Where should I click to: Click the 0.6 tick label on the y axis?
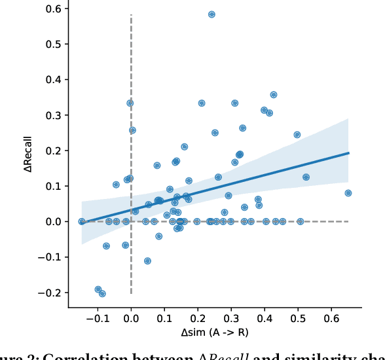(x=53, y=9)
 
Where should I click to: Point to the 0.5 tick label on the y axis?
(x=53, y=44)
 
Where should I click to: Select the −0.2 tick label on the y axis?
(x=49, y=293)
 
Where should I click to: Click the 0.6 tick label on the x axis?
(x=332, y=319)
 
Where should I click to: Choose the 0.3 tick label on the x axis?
(x=232, y=319)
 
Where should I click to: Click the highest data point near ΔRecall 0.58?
(x=211, y=14)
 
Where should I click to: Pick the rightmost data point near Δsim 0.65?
(x=348, y=193)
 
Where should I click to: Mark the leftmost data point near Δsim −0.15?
(x=82, y=221)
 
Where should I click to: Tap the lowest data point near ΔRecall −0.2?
(x=102, y=294)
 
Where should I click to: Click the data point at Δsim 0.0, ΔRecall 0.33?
(x=130, y=103)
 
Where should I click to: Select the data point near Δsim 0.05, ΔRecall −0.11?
(x=147, y=261)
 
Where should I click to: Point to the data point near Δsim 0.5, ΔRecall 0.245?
(x=297, y=135)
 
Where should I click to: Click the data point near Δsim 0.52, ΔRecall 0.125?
(x=306, y=177)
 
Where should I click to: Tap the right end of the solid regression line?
(x=349, y=153)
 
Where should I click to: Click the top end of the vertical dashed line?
(x=132, y=14)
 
